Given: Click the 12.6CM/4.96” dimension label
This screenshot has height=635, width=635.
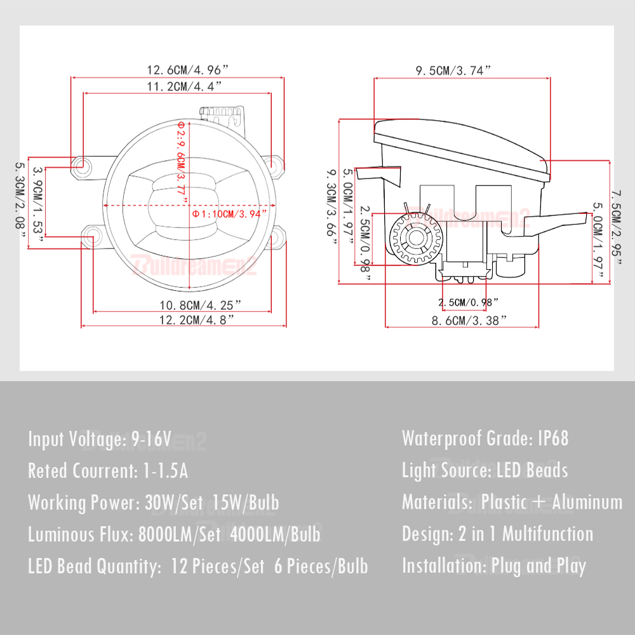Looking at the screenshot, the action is click(x=187, y=70).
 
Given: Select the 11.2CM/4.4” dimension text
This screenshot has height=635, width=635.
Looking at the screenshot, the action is click(x=184, y=86).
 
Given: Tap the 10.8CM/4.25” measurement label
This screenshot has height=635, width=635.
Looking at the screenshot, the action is click(x=200, y=305).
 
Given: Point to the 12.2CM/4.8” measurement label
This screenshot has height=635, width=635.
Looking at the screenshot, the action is click(x=196, y=320).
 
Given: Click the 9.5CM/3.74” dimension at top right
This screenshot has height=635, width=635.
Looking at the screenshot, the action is click(x=453, y=70).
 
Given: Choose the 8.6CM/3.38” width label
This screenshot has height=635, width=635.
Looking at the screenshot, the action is click(x=469, y=321).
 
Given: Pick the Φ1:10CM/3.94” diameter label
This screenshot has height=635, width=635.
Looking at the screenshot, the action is click(x=229, y=214).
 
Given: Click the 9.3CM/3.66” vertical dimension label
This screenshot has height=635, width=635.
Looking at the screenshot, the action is click(x=331, y=207).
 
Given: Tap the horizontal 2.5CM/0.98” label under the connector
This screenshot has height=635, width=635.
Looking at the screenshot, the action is click(x=468, y=302).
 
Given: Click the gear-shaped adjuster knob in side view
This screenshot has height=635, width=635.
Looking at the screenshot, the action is click(x=416, y=238).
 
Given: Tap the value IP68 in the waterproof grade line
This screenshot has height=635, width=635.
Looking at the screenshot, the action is click(x=553, y=439).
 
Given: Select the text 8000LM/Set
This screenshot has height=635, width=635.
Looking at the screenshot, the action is click(x=180, y=535).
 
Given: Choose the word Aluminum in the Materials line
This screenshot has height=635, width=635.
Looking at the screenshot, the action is click(x=587, y=502).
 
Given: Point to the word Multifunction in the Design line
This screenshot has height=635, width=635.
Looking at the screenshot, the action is click(x=547, y=534).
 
